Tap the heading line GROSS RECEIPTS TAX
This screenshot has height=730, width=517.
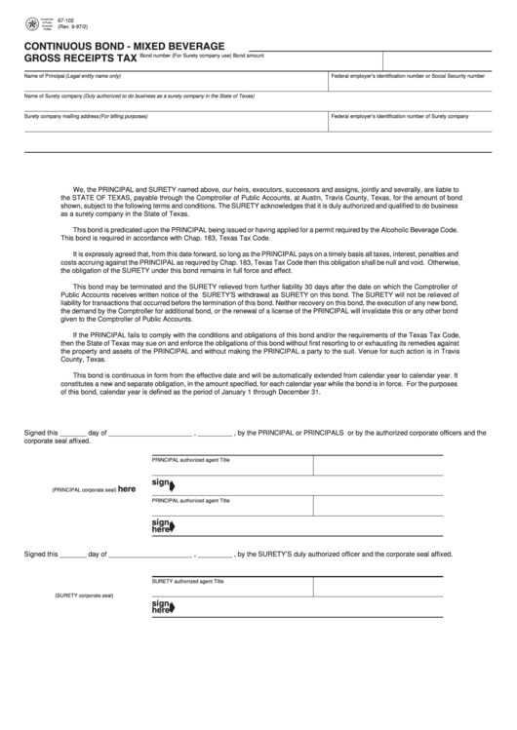coord(80,58)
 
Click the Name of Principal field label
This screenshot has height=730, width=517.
coord(72,75)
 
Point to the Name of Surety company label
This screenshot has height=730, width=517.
coord(139,96)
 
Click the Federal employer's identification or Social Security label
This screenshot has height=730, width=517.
coord(408,75)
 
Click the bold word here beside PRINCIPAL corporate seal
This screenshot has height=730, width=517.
coord(127,489)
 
